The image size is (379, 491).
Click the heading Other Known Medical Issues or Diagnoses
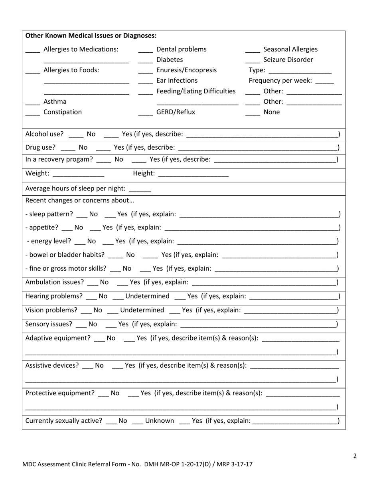91,36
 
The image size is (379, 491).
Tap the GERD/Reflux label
176,112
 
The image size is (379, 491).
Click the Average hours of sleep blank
140,190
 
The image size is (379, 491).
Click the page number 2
355,456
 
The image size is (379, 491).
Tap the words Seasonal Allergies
291,49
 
